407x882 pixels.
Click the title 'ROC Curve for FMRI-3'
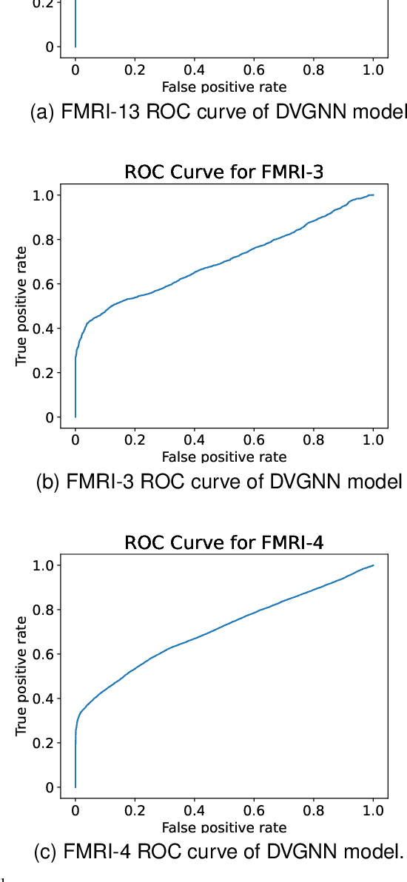pyautogui.click(x=223, y=173)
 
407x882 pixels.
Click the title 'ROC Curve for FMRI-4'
pyautogui.click(x=223, y=543)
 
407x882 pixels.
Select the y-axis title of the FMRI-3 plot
pyautogui.click(x=21, y=306)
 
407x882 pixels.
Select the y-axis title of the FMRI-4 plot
pyautogui.click(x=21, y=676)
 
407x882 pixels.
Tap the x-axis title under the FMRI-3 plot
pyautogui.click(x=223, y=457)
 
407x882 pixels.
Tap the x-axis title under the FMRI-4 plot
pyautogui.click(x=223, y=827)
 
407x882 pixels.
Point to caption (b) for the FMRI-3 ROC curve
pyautogui.click(x=219, y=482)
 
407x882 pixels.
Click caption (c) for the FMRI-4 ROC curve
pyautogui.click(x=219, y=852)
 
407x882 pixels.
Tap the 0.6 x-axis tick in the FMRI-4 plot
pyautogui.click(x=254, y=810)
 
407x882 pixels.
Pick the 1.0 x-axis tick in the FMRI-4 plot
pyautogui.click(x=373, y=810)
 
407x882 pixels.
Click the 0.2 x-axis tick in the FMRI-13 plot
pyautogui.click(x=135, y=70)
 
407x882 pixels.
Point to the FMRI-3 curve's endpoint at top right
pyautogui.click(x=373, y=195)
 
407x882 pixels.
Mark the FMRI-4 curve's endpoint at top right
pyautogui.click(x=373, y=565)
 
